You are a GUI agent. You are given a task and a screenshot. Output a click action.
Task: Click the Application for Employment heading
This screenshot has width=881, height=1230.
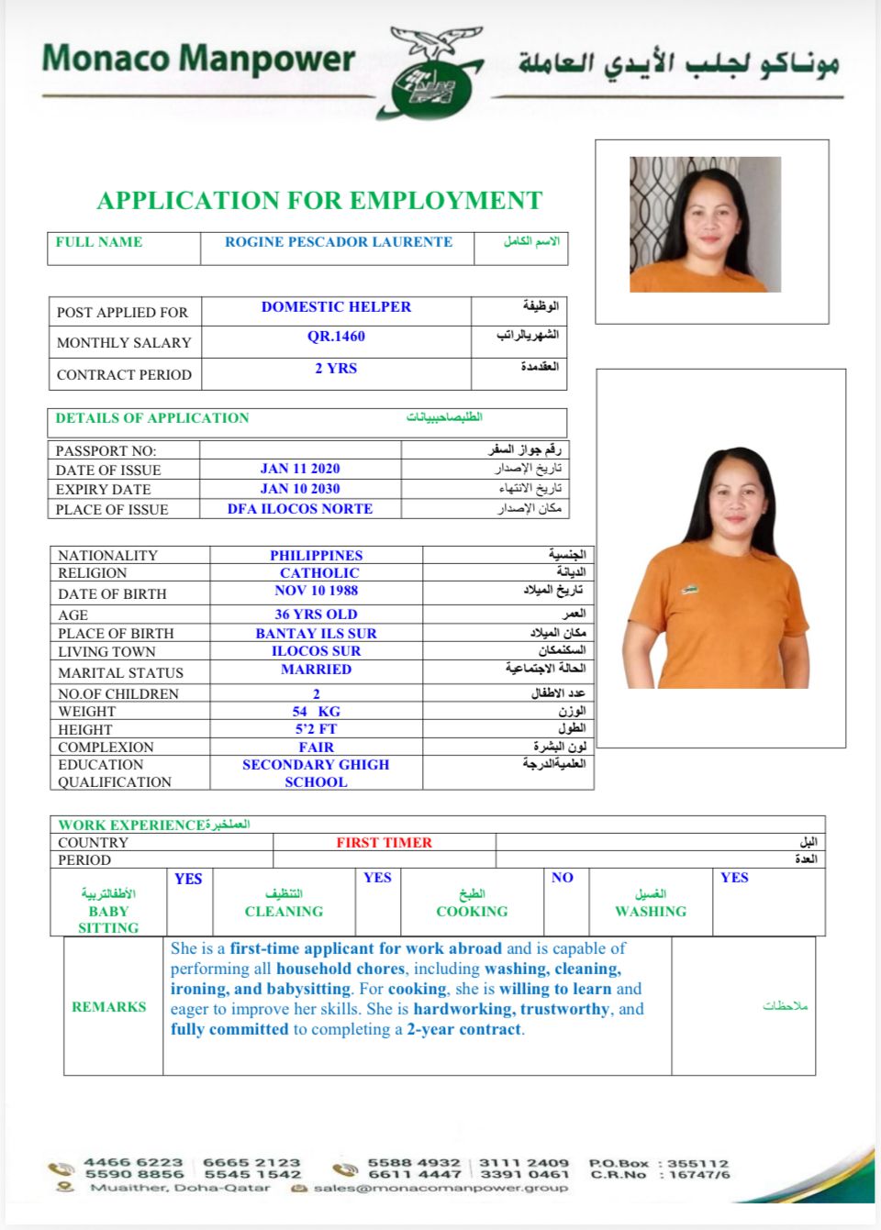(x=319, y=200)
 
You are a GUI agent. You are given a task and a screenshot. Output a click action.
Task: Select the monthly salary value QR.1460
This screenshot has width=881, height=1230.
(x=336, y=337)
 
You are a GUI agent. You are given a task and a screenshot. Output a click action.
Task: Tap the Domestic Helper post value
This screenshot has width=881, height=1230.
(x=336, y=307)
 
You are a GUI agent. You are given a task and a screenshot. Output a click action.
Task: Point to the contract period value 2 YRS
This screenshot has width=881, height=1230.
(x=336, y=369)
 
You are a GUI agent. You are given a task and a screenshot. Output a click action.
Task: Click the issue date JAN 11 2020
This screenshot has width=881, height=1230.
(x=300, y=469)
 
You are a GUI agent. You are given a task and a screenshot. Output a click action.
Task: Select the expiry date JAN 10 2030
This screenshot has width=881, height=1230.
(x=300, y=489)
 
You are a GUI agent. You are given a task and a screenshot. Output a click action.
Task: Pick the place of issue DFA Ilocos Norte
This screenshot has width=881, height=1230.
(x=300, y=509)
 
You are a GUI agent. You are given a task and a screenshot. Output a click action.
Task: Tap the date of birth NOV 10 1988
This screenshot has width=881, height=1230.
(x=317, y=591)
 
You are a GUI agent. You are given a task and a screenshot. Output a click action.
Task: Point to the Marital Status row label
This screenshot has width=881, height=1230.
(x=120, y=672)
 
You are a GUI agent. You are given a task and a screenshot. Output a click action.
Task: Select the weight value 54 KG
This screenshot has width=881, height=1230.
(x=317, y=712)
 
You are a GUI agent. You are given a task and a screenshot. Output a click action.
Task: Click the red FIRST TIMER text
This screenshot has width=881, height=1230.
(x=384, y=842)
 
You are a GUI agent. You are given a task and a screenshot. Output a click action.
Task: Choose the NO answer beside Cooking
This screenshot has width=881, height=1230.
(x=563, y=878)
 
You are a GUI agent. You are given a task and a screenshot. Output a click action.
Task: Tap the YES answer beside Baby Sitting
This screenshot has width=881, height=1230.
(x=188, y=879)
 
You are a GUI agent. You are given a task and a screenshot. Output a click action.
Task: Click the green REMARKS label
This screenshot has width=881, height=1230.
(x=109, y=1007)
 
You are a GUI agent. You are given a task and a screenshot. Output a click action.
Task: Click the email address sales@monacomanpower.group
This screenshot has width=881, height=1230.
(x=440, y=1188)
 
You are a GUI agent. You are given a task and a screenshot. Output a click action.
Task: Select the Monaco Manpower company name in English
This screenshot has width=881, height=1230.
(x=198, y=59)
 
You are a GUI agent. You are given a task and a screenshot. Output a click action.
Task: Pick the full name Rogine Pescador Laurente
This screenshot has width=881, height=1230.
(x=339, y=242)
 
